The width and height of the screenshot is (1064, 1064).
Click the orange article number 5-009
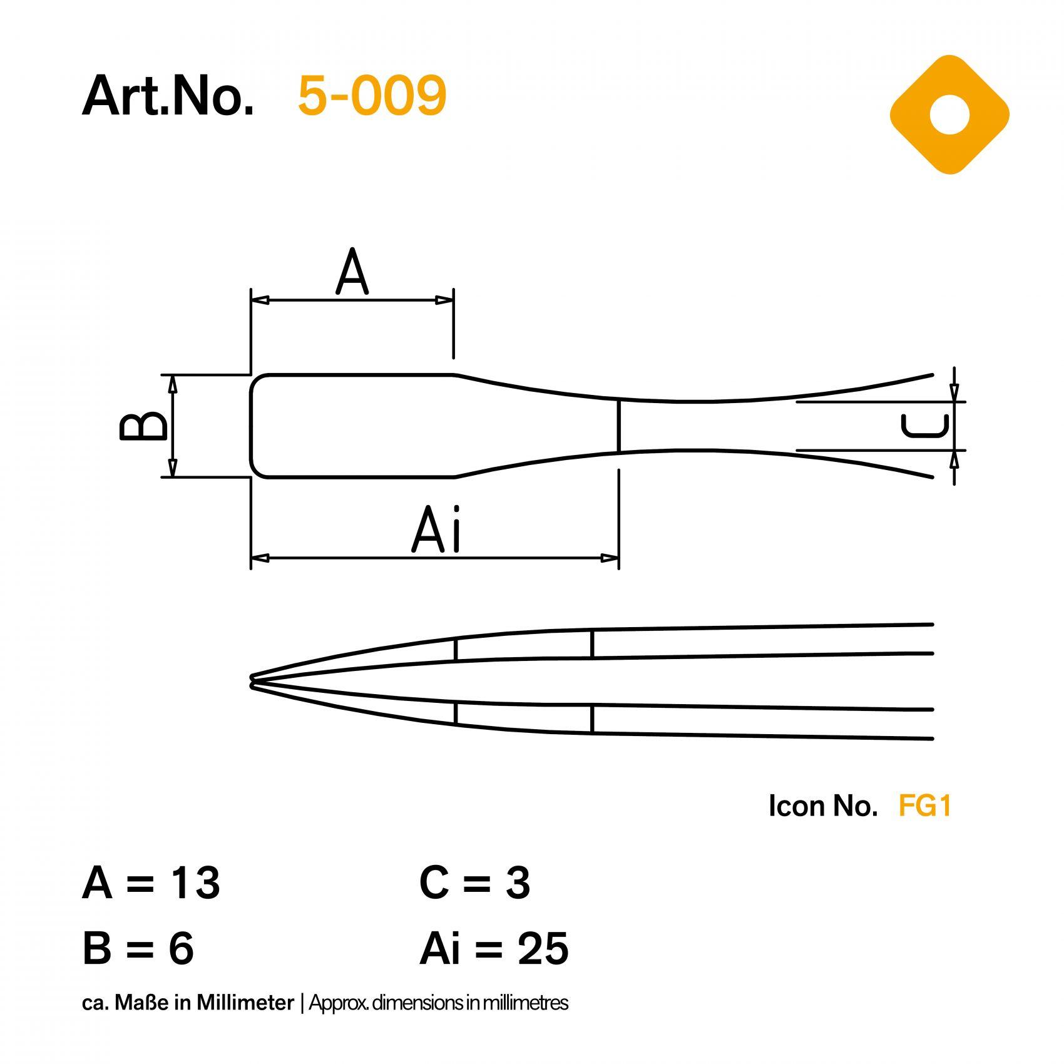click(x=372, y=96)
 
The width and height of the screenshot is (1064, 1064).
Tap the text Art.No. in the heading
click(x=168, y=96)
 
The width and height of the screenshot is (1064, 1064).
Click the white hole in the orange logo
click(x=949, y=115)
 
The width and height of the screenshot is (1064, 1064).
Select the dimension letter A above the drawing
click(x=352, y=272)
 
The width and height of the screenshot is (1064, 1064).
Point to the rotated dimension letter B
click(x=143, y=426)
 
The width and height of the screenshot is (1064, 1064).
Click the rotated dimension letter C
click(x=925, y=426)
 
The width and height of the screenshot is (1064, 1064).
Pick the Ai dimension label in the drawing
click(x=437, y=530)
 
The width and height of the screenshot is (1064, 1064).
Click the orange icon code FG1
click(x=924, y=806)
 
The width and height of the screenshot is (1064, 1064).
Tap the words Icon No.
click(x=823, y=806)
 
